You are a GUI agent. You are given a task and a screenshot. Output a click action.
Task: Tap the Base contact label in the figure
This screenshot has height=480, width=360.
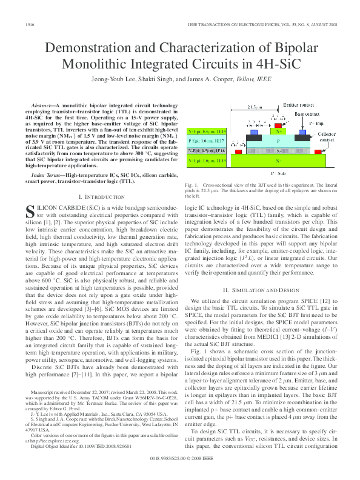pyautogui.click(x=308, y=113)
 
